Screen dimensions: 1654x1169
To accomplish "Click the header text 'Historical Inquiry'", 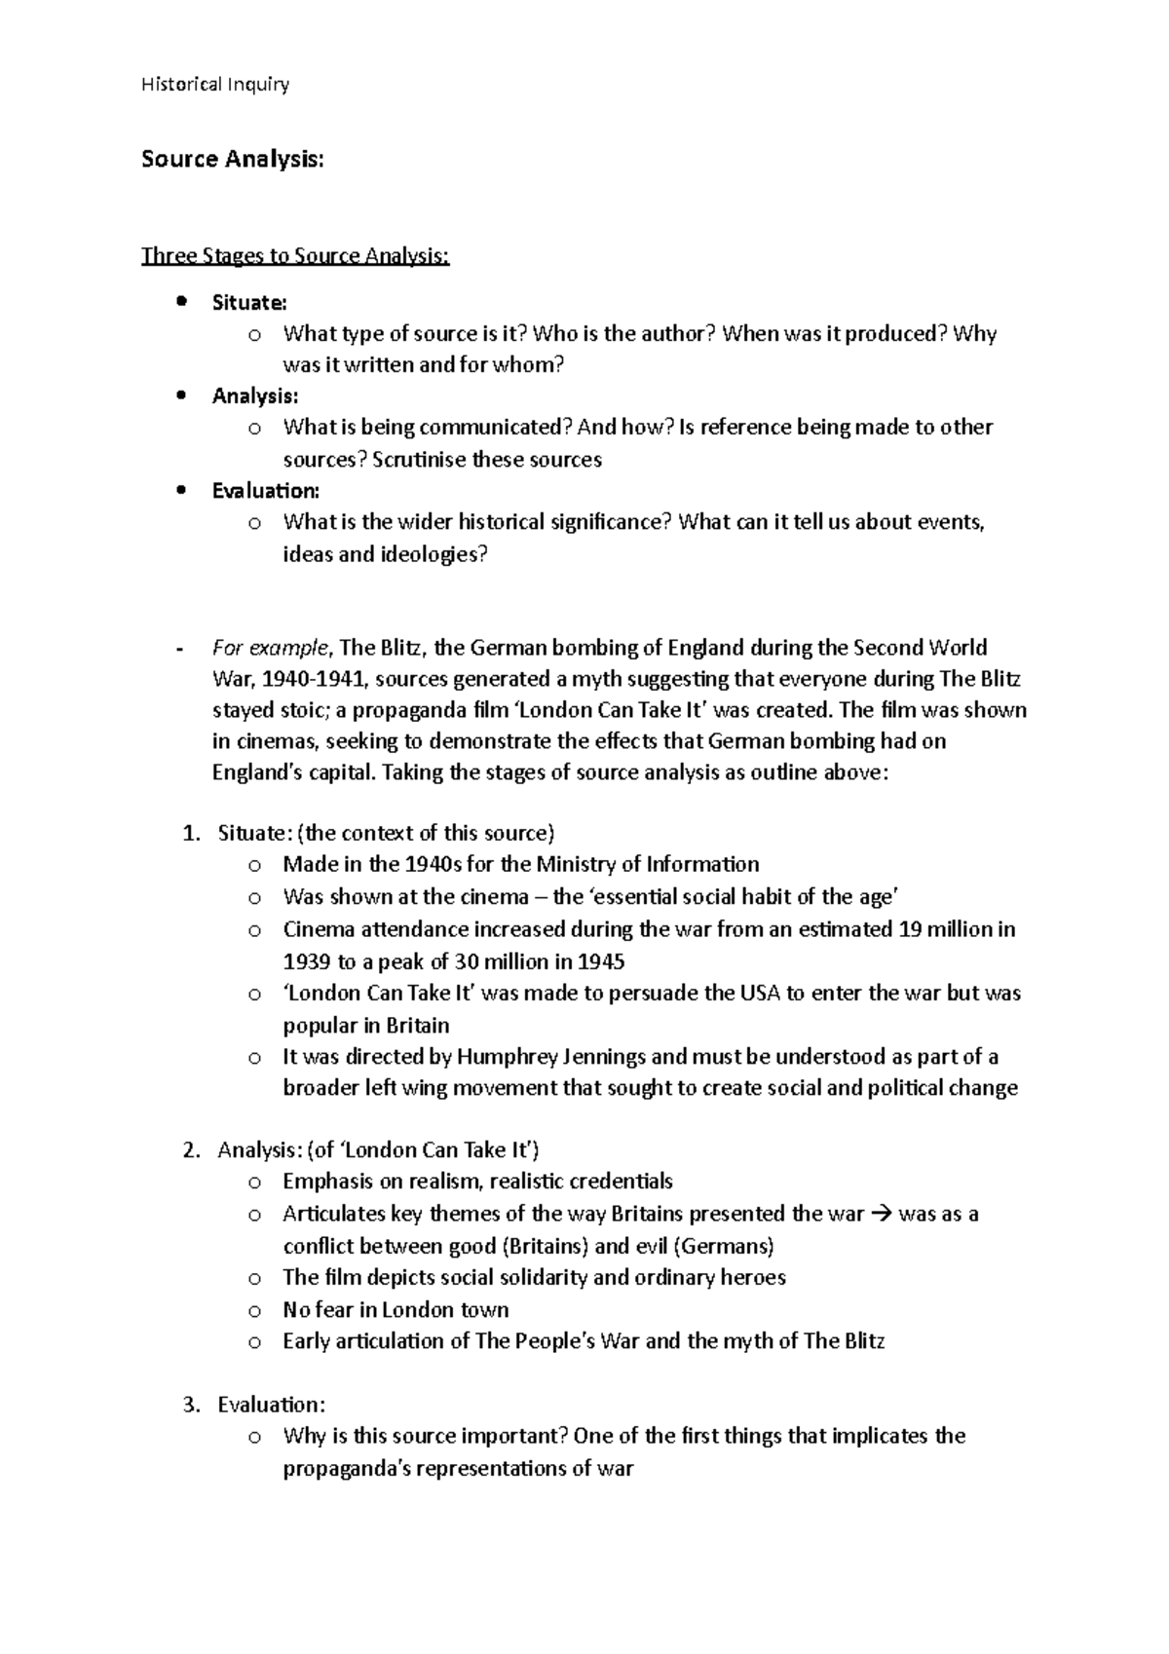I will (214, 85).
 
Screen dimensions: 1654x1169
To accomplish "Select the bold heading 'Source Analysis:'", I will (232, 159).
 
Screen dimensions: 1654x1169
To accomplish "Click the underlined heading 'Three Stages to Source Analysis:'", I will (295, 256).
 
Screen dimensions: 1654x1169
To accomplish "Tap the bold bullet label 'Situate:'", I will (249, 303).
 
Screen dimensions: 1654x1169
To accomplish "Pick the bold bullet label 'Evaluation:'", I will (265, 491).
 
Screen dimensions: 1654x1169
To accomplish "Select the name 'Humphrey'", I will (509, 1057).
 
